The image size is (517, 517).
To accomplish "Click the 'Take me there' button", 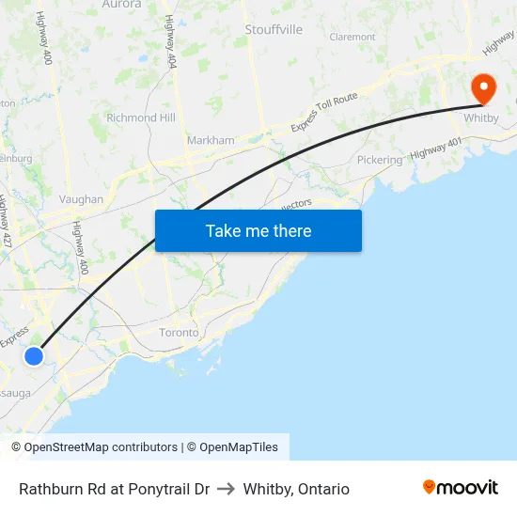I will (258, 230).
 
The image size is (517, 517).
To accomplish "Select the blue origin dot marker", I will (34, 355).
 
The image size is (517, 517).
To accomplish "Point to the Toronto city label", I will (179, 333).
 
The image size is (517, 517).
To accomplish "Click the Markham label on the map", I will (211, 140).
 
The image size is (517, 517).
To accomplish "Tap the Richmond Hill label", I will (141, 117).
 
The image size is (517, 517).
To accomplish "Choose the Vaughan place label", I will (81, 199).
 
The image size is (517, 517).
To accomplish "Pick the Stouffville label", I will (274, 29).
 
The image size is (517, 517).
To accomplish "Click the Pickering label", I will (379, 160).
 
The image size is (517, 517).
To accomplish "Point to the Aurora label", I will (120, 5).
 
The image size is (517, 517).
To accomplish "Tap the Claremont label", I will (352, 38).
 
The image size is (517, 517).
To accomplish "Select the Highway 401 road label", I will (436, 149).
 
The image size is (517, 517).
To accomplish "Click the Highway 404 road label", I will (170, 42).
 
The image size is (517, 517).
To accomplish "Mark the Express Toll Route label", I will (324, 111).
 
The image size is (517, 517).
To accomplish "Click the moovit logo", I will (460, 487).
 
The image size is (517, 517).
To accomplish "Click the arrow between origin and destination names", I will (226, 489).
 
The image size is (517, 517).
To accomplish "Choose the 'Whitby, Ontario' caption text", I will (296, 489).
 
